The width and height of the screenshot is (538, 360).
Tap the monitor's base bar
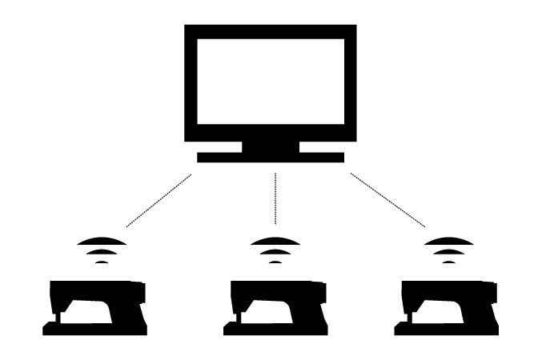coord(271,157)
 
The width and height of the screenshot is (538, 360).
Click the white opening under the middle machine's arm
coord(271,311)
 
